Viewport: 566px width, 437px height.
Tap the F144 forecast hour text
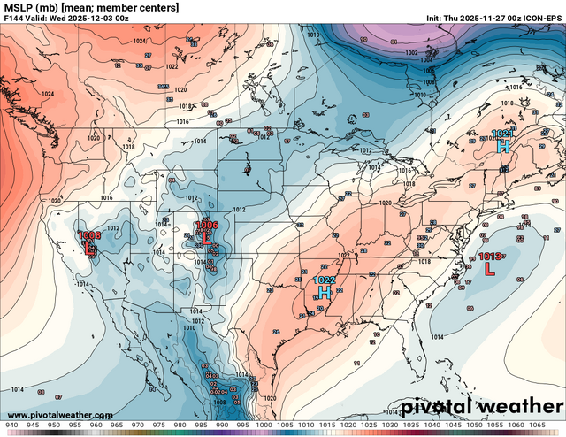18,19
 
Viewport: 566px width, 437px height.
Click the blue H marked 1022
325,290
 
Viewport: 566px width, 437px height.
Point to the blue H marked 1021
503,145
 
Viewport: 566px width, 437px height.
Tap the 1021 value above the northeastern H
501,134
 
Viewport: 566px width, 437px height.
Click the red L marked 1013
490,269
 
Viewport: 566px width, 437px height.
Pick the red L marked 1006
206,237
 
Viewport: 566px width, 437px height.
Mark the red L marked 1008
89,247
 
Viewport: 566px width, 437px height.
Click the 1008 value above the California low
89,235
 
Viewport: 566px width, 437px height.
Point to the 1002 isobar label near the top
410,53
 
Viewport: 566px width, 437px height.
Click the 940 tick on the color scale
11,425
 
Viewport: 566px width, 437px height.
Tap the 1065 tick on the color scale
553,425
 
